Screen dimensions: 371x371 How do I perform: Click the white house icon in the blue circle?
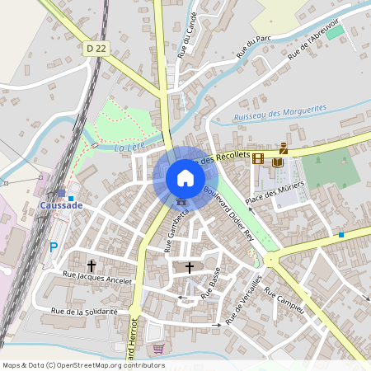185,177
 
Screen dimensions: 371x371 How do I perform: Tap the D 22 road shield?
96,49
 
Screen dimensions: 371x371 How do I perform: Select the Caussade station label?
61,205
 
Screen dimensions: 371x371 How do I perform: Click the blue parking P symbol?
54,247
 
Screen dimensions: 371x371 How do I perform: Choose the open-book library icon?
277,162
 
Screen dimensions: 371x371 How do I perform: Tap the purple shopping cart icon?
158,349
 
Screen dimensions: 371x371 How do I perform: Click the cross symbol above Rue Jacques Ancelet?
92,265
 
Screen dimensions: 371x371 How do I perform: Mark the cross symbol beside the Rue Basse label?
190,267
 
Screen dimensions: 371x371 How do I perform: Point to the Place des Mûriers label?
275,195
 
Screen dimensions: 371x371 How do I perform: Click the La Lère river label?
125,148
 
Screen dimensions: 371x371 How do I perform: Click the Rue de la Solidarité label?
84,312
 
